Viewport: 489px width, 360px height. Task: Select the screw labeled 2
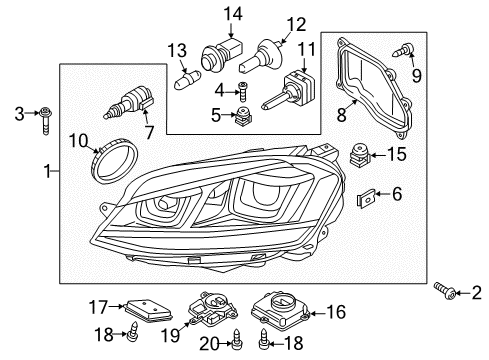[x=446, y=290]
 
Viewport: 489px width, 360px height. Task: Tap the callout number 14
[x=233, y=14]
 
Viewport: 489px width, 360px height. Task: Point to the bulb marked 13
[x=187, y=80]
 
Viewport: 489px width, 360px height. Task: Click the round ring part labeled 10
[x=114, y=161]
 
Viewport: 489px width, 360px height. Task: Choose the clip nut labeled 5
[x=244, y=117]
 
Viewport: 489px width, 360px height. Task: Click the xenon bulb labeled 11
[x=288, y=89]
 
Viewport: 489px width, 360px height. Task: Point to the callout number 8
[x=341, y=115]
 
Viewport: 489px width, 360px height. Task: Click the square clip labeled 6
[x=366, y=198]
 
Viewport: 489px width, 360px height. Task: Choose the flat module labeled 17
[x=148, y=310]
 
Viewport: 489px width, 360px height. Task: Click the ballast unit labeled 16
[x=281, y=310]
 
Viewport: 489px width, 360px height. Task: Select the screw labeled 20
[x=237, y=339]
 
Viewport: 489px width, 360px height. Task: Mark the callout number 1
[x=48, y=171]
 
